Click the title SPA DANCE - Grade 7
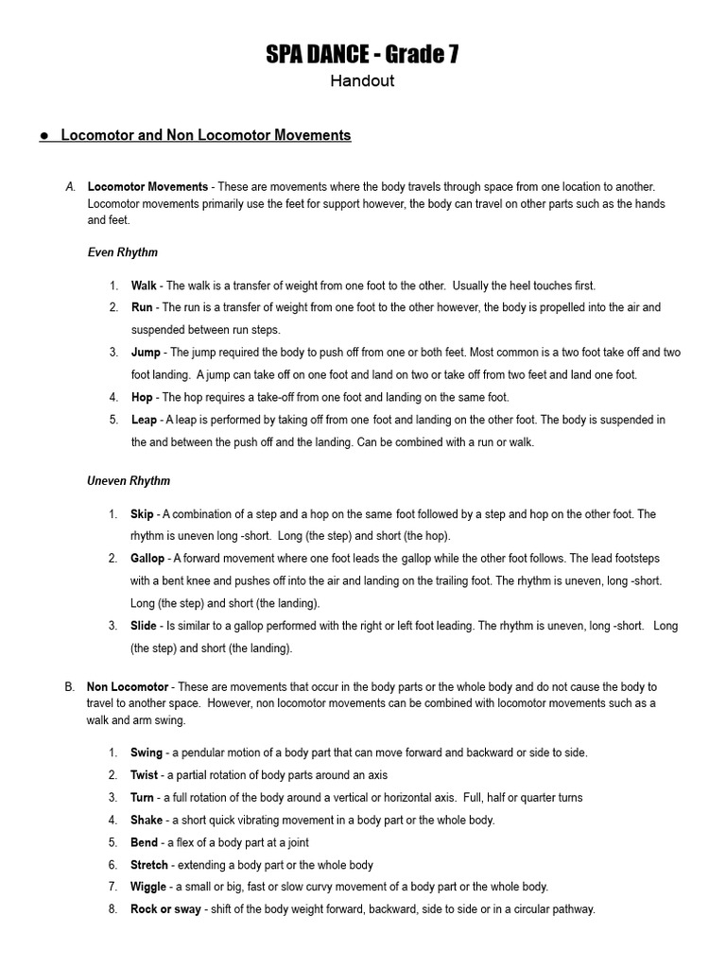[x=362, y=56]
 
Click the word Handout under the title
[x=362, y=81]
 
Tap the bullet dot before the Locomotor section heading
[x=44, y=136]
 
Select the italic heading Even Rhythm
[x=122, y=252]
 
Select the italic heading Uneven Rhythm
[x=129, y=481]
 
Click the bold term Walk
[x=144, y=285]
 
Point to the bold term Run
[x=141, y=307]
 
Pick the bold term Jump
[x=146, y=353]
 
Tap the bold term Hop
[x=141, y=397]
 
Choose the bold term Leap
[x=144, y=420]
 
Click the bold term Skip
[x=142, y=514]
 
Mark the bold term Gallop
[x=147, y=559]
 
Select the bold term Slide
[x=144, y=626]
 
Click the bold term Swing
[x=147, y=752]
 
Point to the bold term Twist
[x=145, y=775]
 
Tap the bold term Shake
[x=147, y=820]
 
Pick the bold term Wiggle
[x=148, y=887]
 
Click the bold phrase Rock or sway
[x=165, y=909]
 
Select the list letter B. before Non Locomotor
[x=70, y=687]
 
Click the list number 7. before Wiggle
[x=112, y=887]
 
